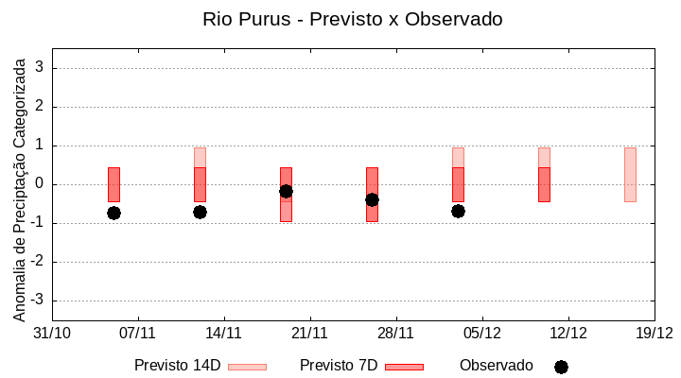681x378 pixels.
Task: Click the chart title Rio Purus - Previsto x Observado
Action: point(352,19)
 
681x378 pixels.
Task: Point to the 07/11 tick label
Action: point(138,333)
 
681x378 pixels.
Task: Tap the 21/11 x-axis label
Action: point(309,333)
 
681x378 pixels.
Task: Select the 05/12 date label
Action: point(481,333)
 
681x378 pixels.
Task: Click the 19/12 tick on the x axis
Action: point(654,333)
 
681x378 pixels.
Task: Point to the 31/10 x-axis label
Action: point(52,333)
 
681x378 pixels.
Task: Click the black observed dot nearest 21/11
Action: point(286,192)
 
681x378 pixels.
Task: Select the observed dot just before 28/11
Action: point(372,199)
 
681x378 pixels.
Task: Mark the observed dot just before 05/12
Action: point(458,211)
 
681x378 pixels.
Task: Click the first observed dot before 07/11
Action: point(113,213)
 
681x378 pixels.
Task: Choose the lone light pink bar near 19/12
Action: point(630,175)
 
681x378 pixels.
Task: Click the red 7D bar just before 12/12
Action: point(544,184)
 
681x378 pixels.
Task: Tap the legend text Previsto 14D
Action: point(177,366)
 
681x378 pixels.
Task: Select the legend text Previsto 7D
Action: point(339,366)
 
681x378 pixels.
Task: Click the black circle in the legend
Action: point(561,367)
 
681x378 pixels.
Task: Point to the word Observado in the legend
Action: point(496,366)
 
